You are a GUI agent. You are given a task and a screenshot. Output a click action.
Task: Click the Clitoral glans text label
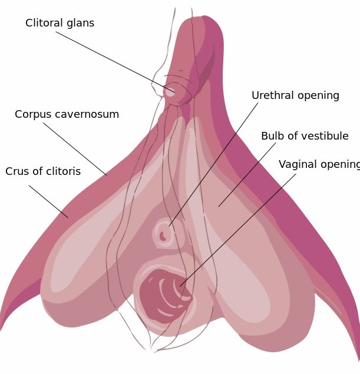point(60,23)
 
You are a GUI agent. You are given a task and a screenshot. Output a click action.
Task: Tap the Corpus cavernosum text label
point(67,114)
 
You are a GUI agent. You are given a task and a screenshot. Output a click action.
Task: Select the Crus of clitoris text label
point(43,171)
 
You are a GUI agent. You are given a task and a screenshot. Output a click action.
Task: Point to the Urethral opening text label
point(295,95)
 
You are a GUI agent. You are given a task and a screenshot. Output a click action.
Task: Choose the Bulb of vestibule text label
point(305,136)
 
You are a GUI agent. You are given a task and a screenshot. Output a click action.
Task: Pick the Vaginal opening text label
point(319,164)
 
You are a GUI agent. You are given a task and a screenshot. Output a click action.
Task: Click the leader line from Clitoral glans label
point(115,62)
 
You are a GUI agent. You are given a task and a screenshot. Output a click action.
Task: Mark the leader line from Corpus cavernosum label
point(75,149)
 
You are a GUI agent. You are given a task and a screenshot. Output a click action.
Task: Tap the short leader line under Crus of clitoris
point(49,201)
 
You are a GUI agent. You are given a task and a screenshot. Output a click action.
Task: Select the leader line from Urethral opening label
point(213,164)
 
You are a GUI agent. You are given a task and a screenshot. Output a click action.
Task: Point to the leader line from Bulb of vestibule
point(247,175)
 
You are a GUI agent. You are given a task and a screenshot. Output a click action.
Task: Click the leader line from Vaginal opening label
point(238,230)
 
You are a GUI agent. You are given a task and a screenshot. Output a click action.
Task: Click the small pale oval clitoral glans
point(170,92)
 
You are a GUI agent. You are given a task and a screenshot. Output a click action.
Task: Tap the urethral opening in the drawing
point(163,236)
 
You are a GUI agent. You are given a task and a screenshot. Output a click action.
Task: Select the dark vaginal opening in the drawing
point(164,296)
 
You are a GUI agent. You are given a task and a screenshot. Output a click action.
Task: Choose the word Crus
point(16,171)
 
